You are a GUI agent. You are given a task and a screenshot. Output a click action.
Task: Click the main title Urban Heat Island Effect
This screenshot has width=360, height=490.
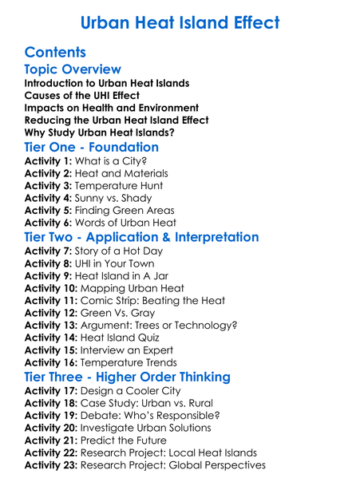click(x=180, y=22)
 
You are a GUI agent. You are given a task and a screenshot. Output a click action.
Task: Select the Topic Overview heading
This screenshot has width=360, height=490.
click(x=73, y=70)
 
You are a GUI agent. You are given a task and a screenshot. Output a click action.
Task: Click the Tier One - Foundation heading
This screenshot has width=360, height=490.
click(x=92, y=147)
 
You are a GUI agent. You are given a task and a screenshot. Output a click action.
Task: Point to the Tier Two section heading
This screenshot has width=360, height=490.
click(x=141, y=237)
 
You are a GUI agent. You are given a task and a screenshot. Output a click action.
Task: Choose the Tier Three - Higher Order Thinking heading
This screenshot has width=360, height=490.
click(x=138, y=376)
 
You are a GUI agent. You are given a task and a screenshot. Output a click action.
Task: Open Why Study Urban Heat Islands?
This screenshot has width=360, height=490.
click(x=100, y=132)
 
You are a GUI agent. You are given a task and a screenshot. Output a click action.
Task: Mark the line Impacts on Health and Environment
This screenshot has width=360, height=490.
click(x=101, y=108)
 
